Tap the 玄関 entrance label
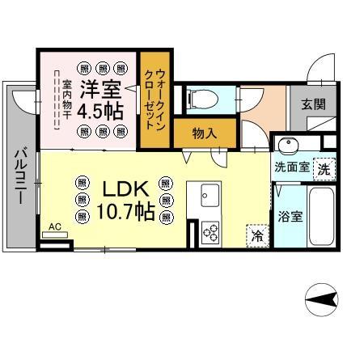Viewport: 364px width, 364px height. [x=314, y=104]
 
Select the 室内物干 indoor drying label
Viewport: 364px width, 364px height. [x=66, y=100]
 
